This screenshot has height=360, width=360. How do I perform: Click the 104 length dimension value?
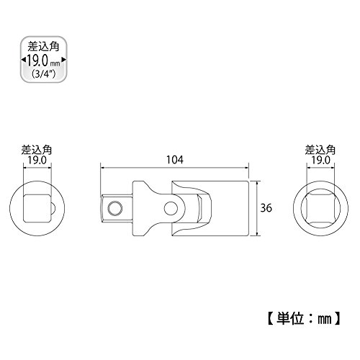pos(175,160)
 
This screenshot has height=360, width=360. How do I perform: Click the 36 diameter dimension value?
pos(266,208)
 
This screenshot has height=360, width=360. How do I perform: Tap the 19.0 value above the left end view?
pos(37,161)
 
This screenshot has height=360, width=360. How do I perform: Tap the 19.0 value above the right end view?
pos(320,161)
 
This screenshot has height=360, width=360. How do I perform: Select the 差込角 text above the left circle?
pos(37,150)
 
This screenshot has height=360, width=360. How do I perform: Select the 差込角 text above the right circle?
pos(320,150)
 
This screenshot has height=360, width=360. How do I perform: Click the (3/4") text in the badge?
pos(43,74)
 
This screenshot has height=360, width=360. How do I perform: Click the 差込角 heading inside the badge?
pos(43,47)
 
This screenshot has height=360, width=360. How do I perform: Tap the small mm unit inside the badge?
pos(55,64)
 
